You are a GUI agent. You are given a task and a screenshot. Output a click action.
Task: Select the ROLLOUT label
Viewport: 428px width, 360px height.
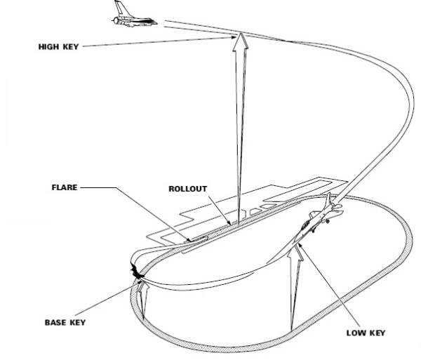point(190,189)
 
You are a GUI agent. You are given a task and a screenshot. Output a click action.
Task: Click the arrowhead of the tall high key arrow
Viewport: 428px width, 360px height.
point(241,42)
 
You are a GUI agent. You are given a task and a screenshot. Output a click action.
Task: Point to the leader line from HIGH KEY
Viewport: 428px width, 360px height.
point(161,41)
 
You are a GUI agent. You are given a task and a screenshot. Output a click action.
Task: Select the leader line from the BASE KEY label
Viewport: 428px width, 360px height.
point(112,300)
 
